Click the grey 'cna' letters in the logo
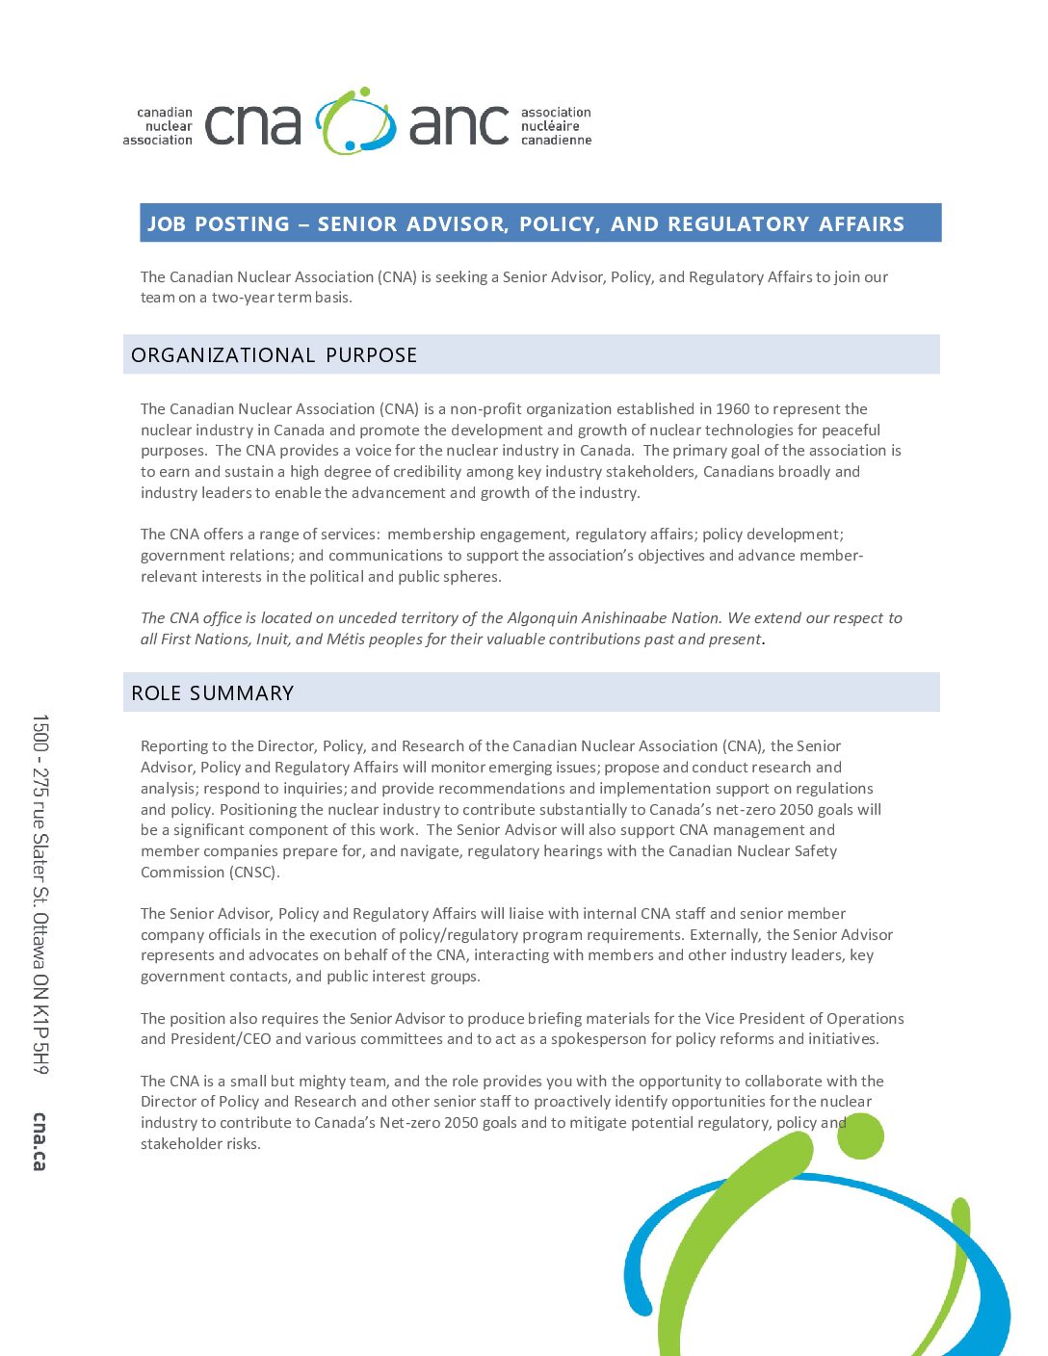252,125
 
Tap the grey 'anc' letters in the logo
458,125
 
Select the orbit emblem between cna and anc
355,121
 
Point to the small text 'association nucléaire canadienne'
556,126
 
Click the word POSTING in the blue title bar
242,224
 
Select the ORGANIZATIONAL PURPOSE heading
275,355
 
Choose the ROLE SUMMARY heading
213,693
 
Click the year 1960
732,409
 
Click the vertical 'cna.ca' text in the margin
39,1141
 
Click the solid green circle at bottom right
860,1136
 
